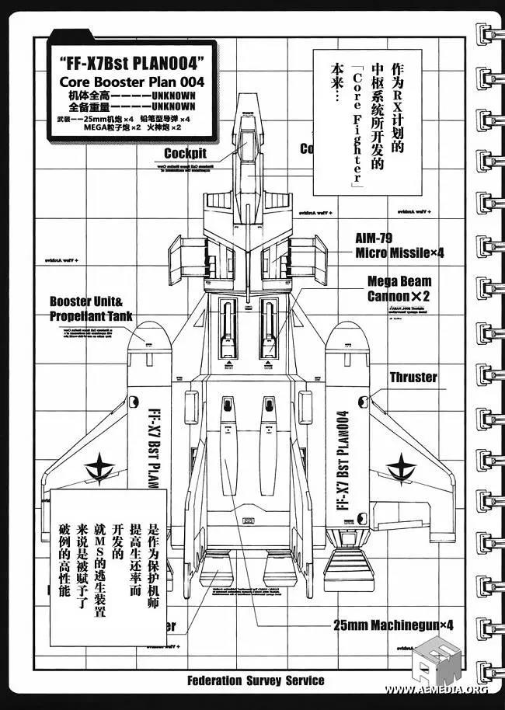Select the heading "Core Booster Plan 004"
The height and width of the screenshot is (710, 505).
pos(131,83)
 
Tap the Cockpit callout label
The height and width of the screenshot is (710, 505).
pos(185,154)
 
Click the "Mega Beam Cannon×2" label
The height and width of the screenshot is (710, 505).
pos(410,288)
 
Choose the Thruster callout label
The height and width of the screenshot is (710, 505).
pos(413,378)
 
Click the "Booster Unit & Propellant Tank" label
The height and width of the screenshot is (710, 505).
pos(91,308)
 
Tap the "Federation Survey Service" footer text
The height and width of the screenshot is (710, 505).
pos(256,680)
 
